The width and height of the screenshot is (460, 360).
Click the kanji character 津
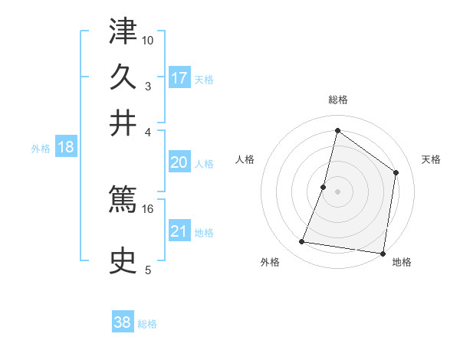pyautogui.click(x=123, y=31)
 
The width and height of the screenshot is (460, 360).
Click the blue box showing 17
pyautogui.click(x=179, y=77)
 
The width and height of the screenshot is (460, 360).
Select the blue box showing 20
pyautogui.click(x=179, y=162)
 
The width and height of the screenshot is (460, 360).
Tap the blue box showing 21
pyautogui.click(x=179, y=231)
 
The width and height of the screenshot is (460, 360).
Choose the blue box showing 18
pyautogui.click(x=66, y=148)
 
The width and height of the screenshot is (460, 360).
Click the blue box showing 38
pyautogui.click(x=123, y=322)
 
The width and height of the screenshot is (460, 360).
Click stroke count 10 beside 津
pyautogui.click(x=148, y=40)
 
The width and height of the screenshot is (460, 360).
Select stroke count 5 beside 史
pyautogui.click(x=148, y=270)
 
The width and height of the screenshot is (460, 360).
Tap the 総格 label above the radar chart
pyautogui.click(x=338, y=100)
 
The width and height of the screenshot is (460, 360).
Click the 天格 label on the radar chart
pyautogui.click(x=431, y=159)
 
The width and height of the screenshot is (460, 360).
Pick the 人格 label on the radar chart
pyautogui.click(x=245, y=159)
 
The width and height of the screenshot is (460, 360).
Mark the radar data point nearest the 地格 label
pyautogui.click(x=382, y=253)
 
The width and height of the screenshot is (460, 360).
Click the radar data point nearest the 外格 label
pyautogui.click(x=302, y=242)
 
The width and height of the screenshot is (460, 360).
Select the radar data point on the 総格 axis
pyautogui.click(x=337, y=130)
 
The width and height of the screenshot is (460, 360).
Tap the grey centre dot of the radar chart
pyautogui.click(x=337, y=191)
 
